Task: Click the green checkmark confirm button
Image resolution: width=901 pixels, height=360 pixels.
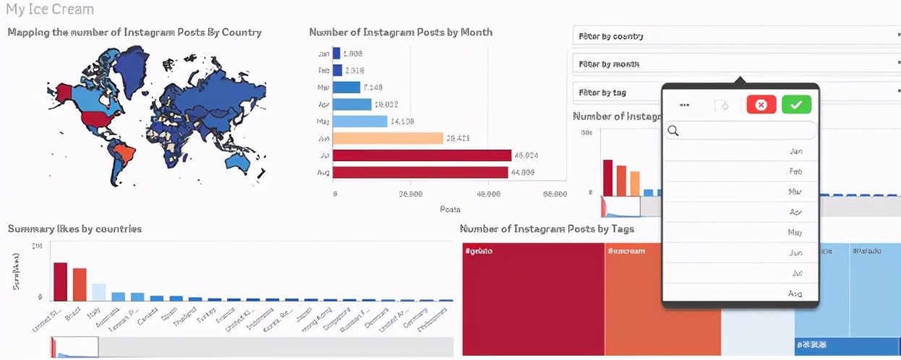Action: coord(796,105)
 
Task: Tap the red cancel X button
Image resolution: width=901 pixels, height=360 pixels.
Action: coord(761,105)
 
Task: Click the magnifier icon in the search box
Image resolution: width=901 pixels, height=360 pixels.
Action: coord(673,131)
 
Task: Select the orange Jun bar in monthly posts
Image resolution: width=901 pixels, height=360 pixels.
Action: coord(388,138)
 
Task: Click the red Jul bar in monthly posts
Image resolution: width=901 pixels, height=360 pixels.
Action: coord(422,155)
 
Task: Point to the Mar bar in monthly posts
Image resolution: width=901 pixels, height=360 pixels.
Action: coord(346,87)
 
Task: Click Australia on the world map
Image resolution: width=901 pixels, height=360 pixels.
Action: coord(238,158)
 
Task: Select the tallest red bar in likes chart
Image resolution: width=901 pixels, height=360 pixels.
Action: coord(60,281)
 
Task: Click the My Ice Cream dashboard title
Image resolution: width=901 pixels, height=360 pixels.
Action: coord(50,10)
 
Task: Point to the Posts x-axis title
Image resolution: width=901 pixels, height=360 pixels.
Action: coord(450,209)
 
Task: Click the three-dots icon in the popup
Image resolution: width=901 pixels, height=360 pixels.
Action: coord(684,105)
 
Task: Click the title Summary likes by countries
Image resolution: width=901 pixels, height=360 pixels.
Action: coord(74,229)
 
